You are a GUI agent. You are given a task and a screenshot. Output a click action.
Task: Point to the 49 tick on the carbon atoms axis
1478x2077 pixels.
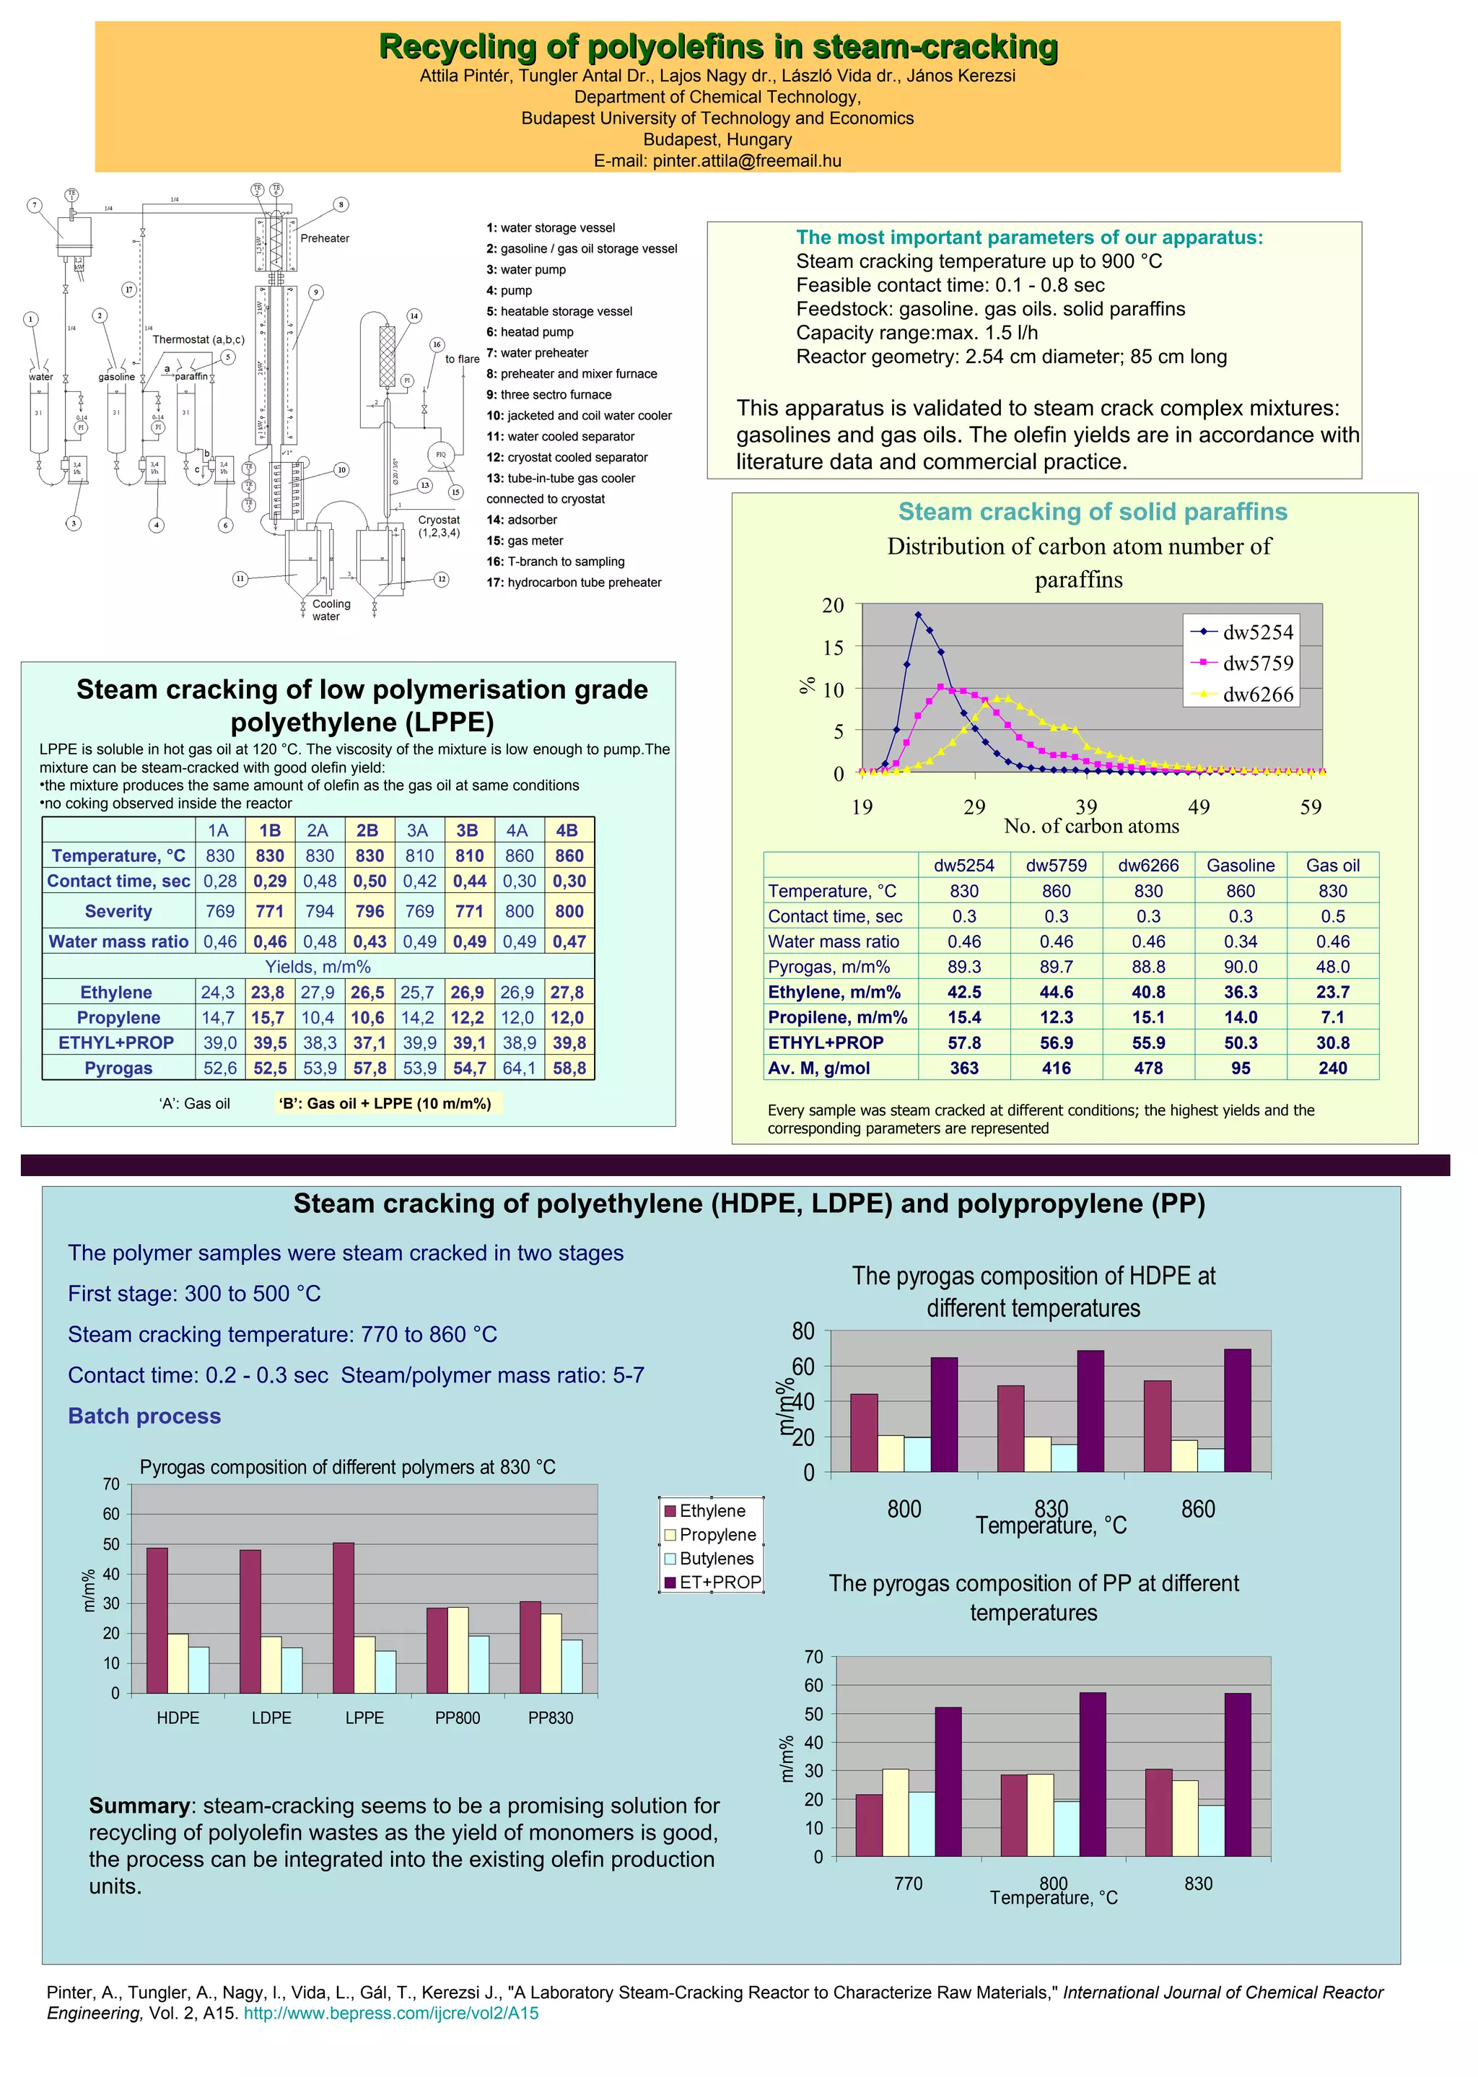point(1199,806)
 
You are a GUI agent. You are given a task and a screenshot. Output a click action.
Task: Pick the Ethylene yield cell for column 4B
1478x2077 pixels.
point(569,992)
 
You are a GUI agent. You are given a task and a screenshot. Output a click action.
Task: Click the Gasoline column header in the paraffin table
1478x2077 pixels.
point(1241,866)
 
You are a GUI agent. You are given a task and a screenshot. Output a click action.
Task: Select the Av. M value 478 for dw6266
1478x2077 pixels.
point(1148,1068)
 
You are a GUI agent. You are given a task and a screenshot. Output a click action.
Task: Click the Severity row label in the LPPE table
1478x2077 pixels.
point(118,911)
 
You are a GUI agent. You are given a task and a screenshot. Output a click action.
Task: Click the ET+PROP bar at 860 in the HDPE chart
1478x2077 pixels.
point(1238,1410)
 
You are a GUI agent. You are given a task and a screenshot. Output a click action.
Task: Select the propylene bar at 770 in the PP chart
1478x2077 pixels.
point(896,1811)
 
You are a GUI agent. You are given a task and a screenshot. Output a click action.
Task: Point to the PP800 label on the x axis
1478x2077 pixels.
point(457,1717)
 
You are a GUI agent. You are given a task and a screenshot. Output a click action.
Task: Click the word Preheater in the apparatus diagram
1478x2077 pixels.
point(325,238)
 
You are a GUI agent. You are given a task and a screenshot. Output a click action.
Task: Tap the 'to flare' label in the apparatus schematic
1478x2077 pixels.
point(463,359)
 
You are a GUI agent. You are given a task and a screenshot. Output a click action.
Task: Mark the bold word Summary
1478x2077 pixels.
point(139,1805)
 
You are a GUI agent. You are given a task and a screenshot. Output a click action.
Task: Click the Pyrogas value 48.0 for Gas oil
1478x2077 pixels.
point(1332,967)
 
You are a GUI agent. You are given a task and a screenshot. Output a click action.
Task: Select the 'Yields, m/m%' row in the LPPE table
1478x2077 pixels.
point(318,967)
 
